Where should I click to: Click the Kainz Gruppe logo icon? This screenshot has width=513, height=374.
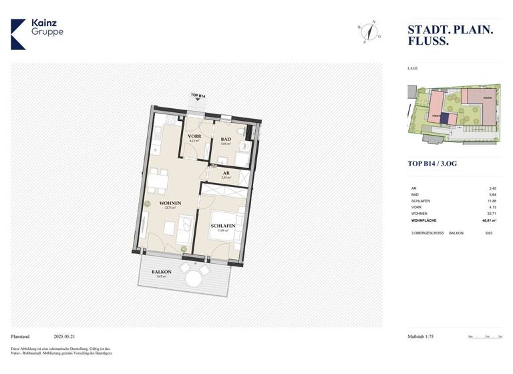18,34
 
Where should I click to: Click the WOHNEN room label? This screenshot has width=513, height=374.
170,203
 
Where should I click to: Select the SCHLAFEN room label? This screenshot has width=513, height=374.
222,226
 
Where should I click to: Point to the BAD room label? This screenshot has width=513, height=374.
226,140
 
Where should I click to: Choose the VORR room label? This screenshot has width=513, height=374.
194,137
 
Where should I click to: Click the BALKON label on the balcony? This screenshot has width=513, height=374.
162,272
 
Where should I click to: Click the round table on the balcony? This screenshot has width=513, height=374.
194,278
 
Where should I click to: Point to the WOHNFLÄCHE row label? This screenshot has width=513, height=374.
425,219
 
